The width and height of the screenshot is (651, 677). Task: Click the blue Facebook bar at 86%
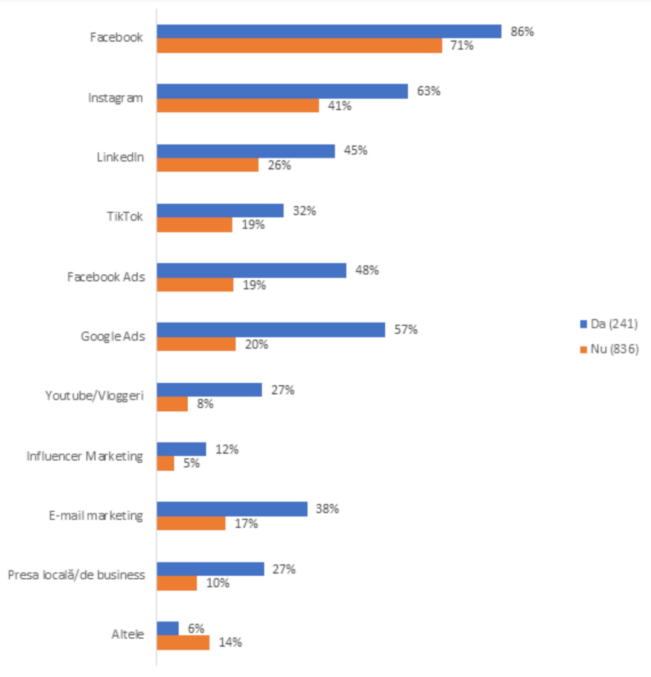(329, 31)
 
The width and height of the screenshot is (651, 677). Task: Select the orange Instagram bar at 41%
(238, 106)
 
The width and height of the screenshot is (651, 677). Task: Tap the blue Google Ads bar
(271, 330)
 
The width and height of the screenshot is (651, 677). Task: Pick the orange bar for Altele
(183, 643)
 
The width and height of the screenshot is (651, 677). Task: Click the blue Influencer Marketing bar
(182, 450)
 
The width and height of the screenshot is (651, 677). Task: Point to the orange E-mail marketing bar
(191, 524)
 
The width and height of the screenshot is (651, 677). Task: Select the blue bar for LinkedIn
(246, 151)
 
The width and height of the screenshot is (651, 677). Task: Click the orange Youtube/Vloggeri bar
(172, 404)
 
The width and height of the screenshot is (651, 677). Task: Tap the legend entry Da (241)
(609, 323)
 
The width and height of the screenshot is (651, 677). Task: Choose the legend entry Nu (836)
(609, 350)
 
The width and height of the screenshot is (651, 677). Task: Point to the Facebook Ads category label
(106, 276)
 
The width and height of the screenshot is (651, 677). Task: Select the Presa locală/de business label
(76, 575)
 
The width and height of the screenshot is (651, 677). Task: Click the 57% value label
(406, 329)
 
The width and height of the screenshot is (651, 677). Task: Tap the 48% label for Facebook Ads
(367, 270)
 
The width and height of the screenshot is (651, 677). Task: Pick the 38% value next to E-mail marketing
(328, 509)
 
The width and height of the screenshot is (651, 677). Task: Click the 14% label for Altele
(231, 643)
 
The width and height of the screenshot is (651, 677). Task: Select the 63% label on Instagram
(428, 91)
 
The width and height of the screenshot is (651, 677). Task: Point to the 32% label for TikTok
(305, 211)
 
